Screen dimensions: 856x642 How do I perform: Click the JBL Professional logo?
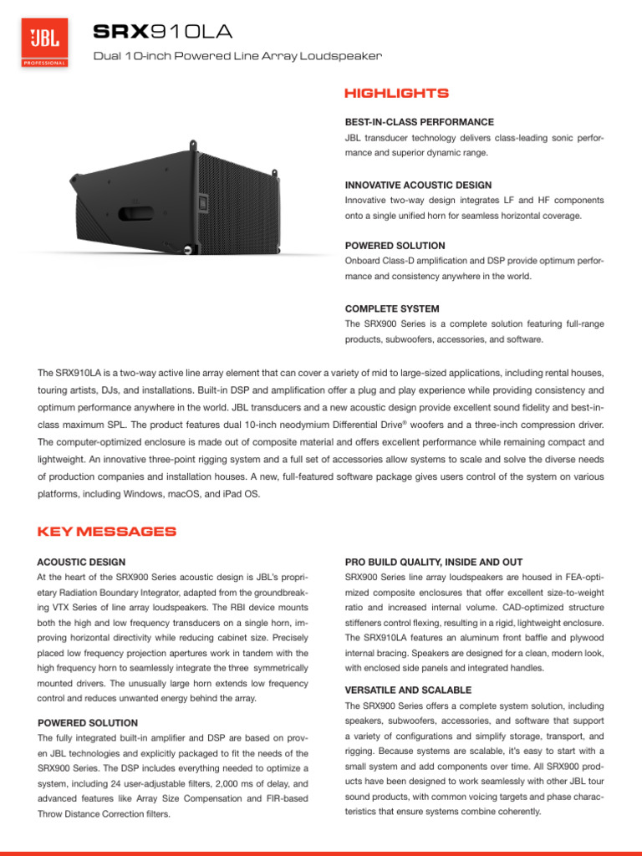(x=44, y=45)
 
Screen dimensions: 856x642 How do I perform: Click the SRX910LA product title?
(x=163, y=32)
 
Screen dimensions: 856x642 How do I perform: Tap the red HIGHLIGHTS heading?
(x=396, y=93)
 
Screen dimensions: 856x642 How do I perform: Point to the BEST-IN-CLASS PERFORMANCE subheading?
(x=419, y=121)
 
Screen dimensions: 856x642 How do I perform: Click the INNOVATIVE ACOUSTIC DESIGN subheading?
(x=418, y=185)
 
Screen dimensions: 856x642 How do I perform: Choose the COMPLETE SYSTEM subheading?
(x=392, y=308)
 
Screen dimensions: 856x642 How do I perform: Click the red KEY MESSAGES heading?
(x=107, y=532)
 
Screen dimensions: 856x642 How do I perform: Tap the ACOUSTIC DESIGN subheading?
(x=82, y=562)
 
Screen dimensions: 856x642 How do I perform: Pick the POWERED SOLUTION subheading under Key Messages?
(x=88, y=722)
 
